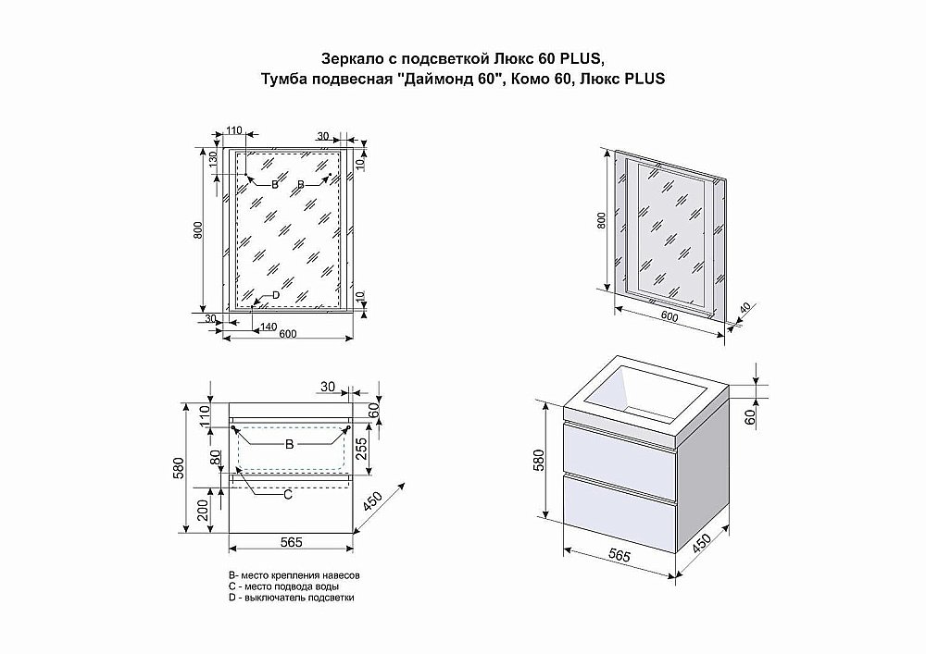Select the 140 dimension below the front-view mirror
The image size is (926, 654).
[x=268, y=327]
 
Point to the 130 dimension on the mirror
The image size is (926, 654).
[x=213, y=160]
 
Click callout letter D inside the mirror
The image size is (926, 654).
[x=275, y=295]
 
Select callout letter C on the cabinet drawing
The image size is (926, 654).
[x=287, y=495]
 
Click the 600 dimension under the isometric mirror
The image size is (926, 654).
[x=669, y=317]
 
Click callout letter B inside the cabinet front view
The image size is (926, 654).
[x=289, y=445]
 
